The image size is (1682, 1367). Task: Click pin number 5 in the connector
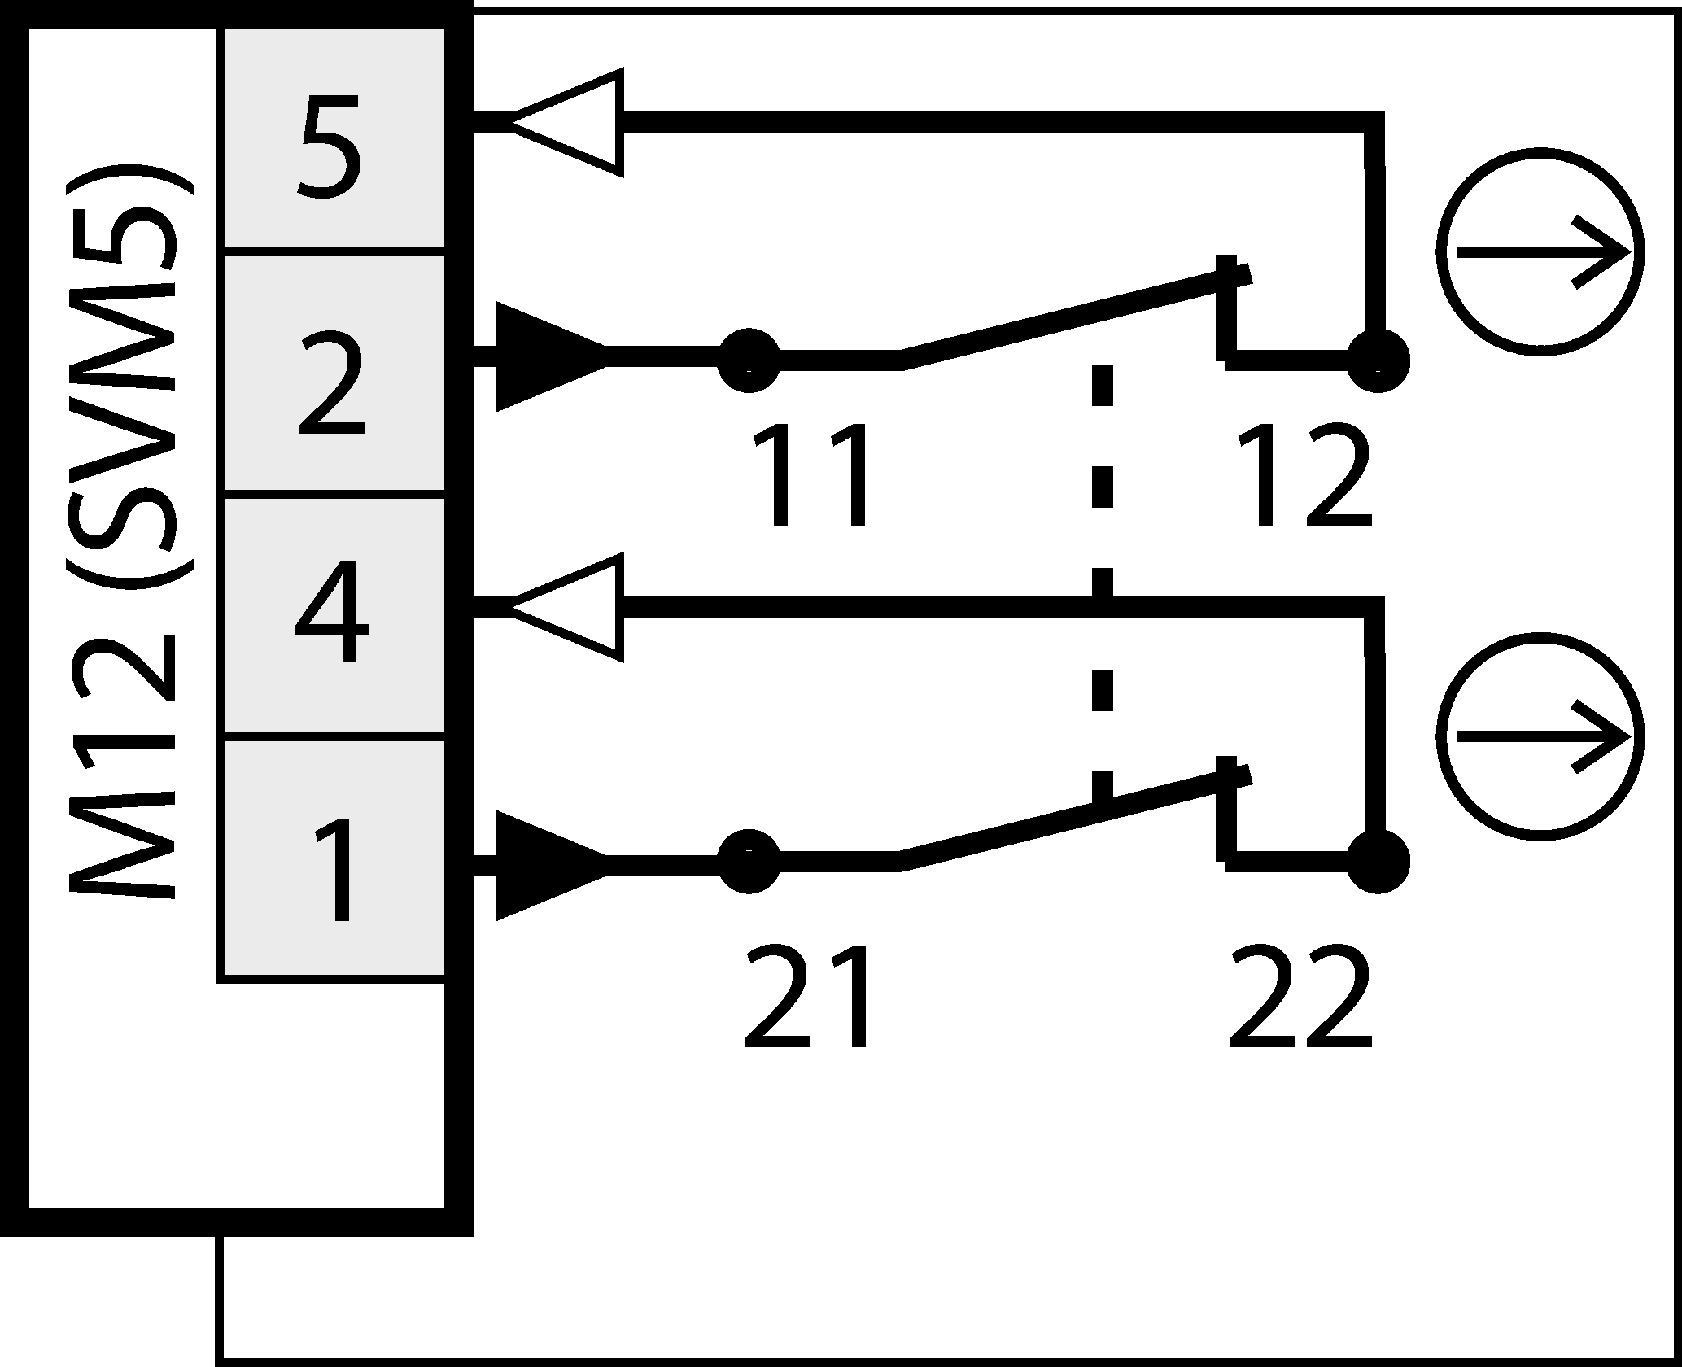[330, 146]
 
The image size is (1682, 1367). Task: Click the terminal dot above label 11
[748, 359]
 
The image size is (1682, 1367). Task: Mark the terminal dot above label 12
[1378, 360]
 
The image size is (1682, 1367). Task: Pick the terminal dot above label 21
[748, 862]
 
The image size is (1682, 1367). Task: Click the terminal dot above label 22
[1378, 862]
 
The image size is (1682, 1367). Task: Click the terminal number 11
[810, 478]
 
